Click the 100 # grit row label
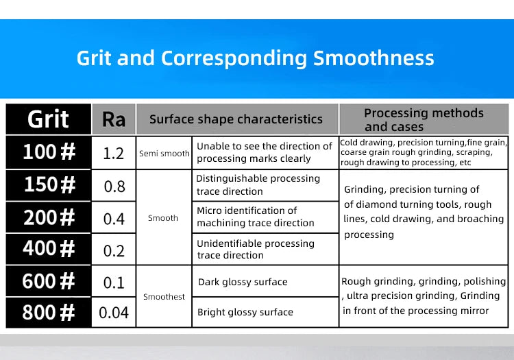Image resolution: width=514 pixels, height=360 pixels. point(49,152)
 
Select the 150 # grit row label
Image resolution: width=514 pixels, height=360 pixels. point(50,184)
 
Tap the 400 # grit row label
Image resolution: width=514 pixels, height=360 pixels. point(49,248)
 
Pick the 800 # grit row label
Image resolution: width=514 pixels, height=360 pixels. point(49,312)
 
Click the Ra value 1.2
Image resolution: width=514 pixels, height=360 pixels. point(113,154)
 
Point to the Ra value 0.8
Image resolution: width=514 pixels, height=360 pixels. point(114,187)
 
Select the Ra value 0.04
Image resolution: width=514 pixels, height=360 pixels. point(113,313)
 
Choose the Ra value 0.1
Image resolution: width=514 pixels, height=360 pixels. point(114,283)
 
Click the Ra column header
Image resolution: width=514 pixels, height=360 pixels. point(114,119)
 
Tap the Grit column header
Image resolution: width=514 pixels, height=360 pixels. point(48,119)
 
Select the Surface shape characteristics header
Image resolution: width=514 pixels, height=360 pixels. point(236,119)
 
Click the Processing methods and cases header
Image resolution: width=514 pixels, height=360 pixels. point(424,120)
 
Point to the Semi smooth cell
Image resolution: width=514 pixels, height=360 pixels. point(164,154)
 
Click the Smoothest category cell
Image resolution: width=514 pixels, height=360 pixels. point(164,297)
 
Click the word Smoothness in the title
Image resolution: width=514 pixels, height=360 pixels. point(374,58)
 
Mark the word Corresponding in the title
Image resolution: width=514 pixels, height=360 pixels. point(234,59)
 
